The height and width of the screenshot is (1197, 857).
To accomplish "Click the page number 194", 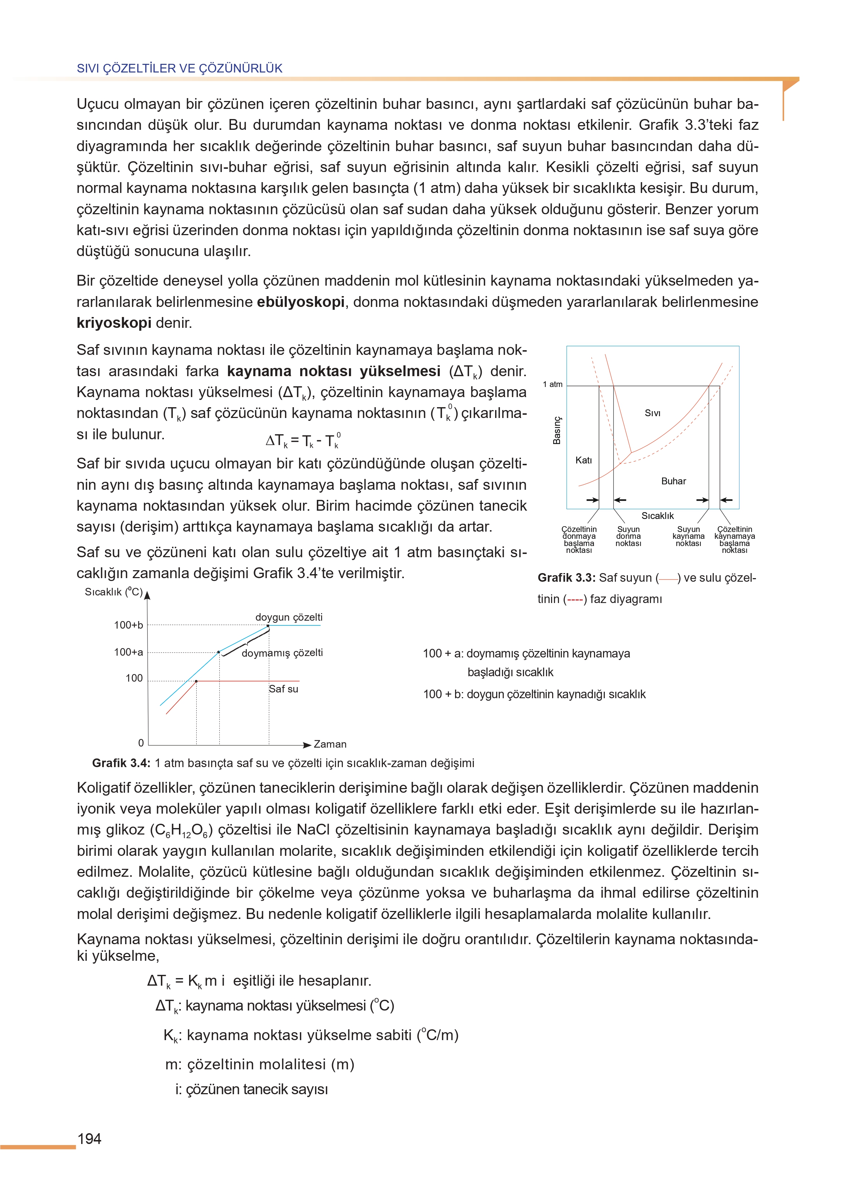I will click(89, 1139).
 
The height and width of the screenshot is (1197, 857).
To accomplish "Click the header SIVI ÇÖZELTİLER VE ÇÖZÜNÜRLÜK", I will click(179, 68).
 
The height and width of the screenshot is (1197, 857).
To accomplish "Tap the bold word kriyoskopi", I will click(114, 323).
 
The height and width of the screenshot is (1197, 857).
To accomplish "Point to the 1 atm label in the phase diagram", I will click(552, 384).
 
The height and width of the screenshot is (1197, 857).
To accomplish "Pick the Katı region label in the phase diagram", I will click(583, 460).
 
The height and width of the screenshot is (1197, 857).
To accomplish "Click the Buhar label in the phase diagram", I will click(673, 481).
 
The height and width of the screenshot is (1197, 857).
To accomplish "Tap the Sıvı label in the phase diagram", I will click(653, 413).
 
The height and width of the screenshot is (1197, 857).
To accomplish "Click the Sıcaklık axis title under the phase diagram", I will click(657, 516).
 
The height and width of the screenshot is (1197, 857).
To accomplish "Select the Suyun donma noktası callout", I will click(628, 536).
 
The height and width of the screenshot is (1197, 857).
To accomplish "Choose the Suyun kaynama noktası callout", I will click(688, 536).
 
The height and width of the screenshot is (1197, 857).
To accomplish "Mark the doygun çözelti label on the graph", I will click(289, 617).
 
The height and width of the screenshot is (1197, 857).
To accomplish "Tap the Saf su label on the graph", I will click(283, 689).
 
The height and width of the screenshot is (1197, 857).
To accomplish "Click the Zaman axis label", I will click(330, 744).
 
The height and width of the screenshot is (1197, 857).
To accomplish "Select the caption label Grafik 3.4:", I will click(121, 763).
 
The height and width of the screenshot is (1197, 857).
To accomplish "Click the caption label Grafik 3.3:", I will click(566, 578).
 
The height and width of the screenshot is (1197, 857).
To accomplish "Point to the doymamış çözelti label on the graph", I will click(282, 653).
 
